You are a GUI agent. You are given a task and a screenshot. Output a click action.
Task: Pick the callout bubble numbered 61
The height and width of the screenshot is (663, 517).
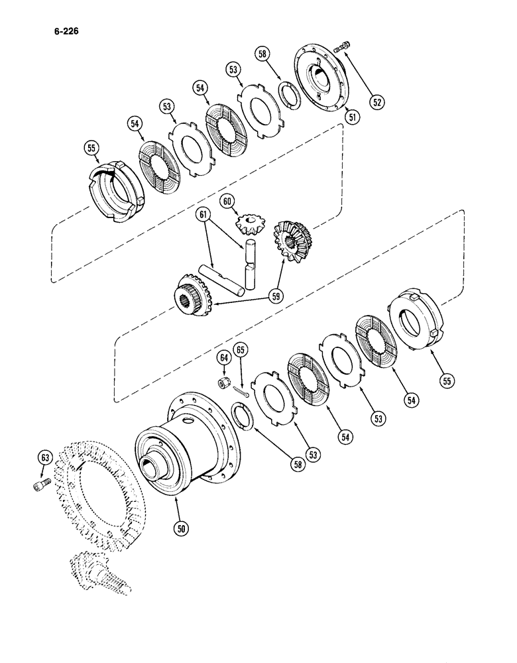[203, 215]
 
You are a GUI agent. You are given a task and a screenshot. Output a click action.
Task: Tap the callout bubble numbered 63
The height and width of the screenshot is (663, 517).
[44, 457]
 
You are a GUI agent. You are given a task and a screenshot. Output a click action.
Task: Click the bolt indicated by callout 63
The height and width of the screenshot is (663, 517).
[38, 489]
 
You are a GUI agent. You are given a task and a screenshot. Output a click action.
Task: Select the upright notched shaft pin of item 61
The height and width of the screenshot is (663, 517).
[251, 265]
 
